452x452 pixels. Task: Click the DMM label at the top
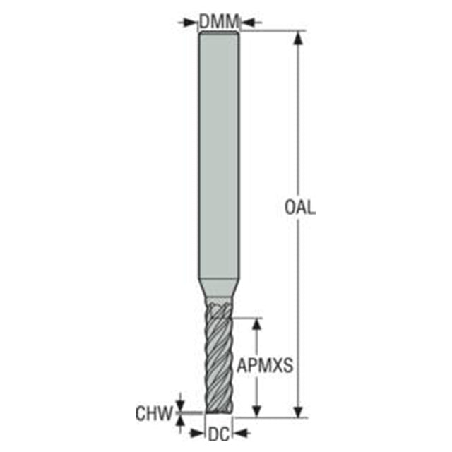click(x=219, y=22)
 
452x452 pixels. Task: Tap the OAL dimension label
click(x=299, y=208)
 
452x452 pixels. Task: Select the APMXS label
click(x=265, y=366)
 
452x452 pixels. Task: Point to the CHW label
click(x=154, y=413)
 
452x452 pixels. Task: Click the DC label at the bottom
click(x=219, y=434)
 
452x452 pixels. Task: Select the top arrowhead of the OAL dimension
click(x=298, y=38)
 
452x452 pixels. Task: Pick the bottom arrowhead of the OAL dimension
click(x=298, y=410)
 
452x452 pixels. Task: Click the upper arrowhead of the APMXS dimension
click(x=256, y=325)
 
